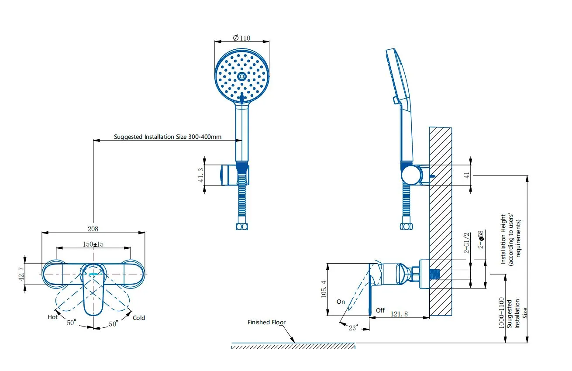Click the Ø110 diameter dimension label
(x=242, y=38)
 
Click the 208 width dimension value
(x=93, y=229)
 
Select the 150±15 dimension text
(x=93, y=244)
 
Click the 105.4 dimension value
(x=324, y=289)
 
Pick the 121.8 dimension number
(x=399, y=313)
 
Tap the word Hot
(x=52, y=317)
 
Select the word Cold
(x=139, y=318)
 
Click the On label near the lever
(x=341, y=302)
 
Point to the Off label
(x=380, y=310)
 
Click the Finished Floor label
(x=266, y=322)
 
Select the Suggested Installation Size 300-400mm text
(x=168, y=137)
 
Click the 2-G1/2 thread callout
(x=467, y=244)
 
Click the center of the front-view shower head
(x=241, y=76)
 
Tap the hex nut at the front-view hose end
(x=241, y=227)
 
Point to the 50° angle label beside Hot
(x=71, y=323)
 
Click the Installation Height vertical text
(x=503, y=239)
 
